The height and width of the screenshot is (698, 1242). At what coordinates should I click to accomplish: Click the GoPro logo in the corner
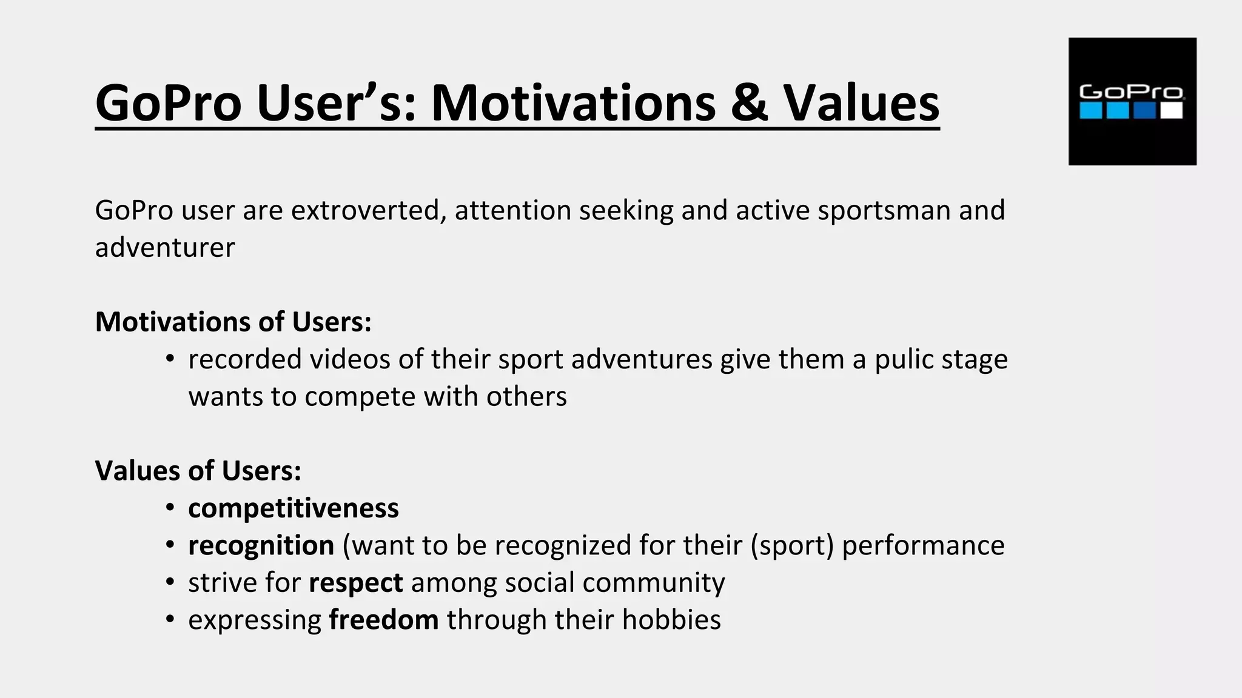coord(1132,101)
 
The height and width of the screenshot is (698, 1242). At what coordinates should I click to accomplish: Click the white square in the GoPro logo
coord(1172,111)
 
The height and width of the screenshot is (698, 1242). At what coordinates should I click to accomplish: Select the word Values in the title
coord(861,102)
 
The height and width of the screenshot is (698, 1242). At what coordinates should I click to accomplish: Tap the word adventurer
coord(164,247)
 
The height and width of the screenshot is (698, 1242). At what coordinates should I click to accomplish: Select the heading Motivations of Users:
coord(233,322)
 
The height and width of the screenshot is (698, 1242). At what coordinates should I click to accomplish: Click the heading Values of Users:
coord(198,471)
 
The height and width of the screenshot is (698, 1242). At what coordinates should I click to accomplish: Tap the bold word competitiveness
coord(294,508)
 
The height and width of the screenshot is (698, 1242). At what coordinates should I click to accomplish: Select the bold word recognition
coord(261,545)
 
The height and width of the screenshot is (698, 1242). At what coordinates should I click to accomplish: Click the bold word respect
coord(355,583)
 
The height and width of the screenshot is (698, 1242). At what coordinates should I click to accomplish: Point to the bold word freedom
coord(383,620)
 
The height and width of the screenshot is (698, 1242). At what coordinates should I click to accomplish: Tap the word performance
coord(923,545)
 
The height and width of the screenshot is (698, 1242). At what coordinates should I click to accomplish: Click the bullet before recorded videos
coord(170,359)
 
